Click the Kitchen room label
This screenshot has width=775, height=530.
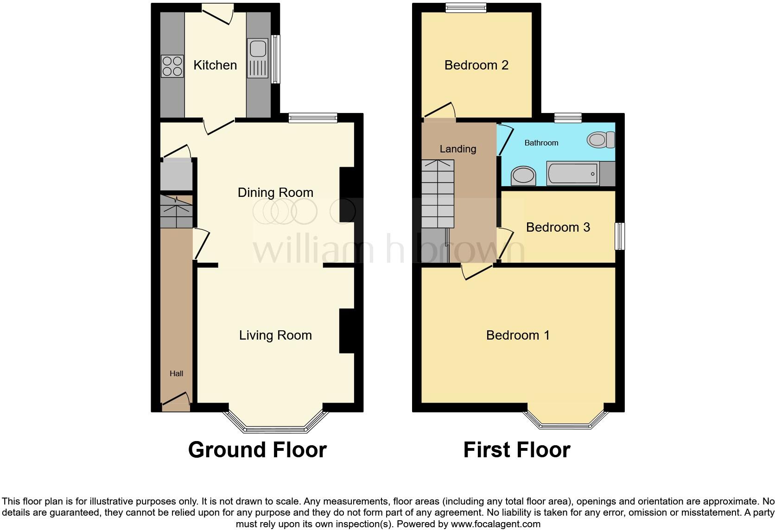tap(215, 65)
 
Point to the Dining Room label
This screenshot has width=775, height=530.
tap(275, 193)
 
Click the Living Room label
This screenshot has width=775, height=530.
tap(275, 335)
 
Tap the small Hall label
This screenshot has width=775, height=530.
tap(176, 373)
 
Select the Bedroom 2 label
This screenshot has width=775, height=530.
tap(476, 65)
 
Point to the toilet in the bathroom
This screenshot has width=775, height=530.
tap(601, 139)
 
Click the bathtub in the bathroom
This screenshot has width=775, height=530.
tap(573, 174)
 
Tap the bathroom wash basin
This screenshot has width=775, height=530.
tap(523, 176)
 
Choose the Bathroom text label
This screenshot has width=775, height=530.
tap(541, 143)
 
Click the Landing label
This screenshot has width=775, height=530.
tap(457, 149)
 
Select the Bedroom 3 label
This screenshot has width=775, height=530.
tap(558, 227)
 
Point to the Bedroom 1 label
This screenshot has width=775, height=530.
tap(518, 335)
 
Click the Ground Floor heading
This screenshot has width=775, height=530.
tap(257, 450)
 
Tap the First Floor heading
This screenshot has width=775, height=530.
tap(516, 450)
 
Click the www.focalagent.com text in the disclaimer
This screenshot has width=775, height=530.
tap(495, 524)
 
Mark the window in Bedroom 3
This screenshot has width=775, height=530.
tap(619, 236)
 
